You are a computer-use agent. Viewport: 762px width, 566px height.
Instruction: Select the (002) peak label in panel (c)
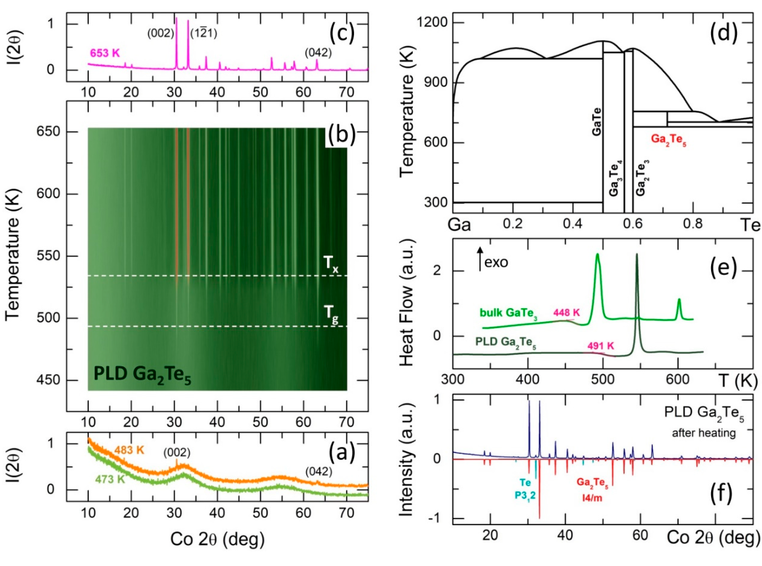[161, 34]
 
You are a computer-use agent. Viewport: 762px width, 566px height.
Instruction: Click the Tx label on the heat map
[331, 265]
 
